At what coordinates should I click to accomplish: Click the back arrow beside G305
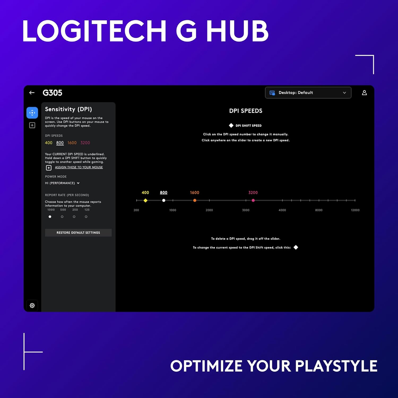pos(32,93)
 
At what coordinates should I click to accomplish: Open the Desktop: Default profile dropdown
pos(308,93)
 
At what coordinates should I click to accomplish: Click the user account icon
pos(364,93)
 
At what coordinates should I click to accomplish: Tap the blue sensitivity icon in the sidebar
pos(32,113)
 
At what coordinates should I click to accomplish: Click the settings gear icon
pos(32,305)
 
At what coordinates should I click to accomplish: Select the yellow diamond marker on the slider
pos(145,200)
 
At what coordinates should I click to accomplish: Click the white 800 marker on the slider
pos(164,200)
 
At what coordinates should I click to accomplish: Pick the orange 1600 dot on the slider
pos(195,200)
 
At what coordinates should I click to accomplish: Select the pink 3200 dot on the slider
pos(253,200)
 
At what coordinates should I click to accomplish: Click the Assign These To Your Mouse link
pos(79,167)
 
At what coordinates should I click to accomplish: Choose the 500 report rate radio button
pos(62,217)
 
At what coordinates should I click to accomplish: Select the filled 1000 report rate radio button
pos(50,217)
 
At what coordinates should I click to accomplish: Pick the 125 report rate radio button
pos(86,217)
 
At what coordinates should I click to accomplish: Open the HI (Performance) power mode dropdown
pos(62,183)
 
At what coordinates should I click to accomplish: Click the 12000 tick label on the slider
pos(355,210)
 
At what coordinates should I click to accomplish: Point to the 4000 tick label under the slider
pos(282,210)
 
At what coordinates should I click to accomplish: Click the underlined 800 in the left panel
pos(60,143)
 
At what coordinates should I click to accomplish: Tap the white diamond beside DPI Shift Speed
pos(231,126)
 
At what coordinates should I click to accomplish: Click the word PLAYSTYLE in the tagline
pos(336,366)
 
